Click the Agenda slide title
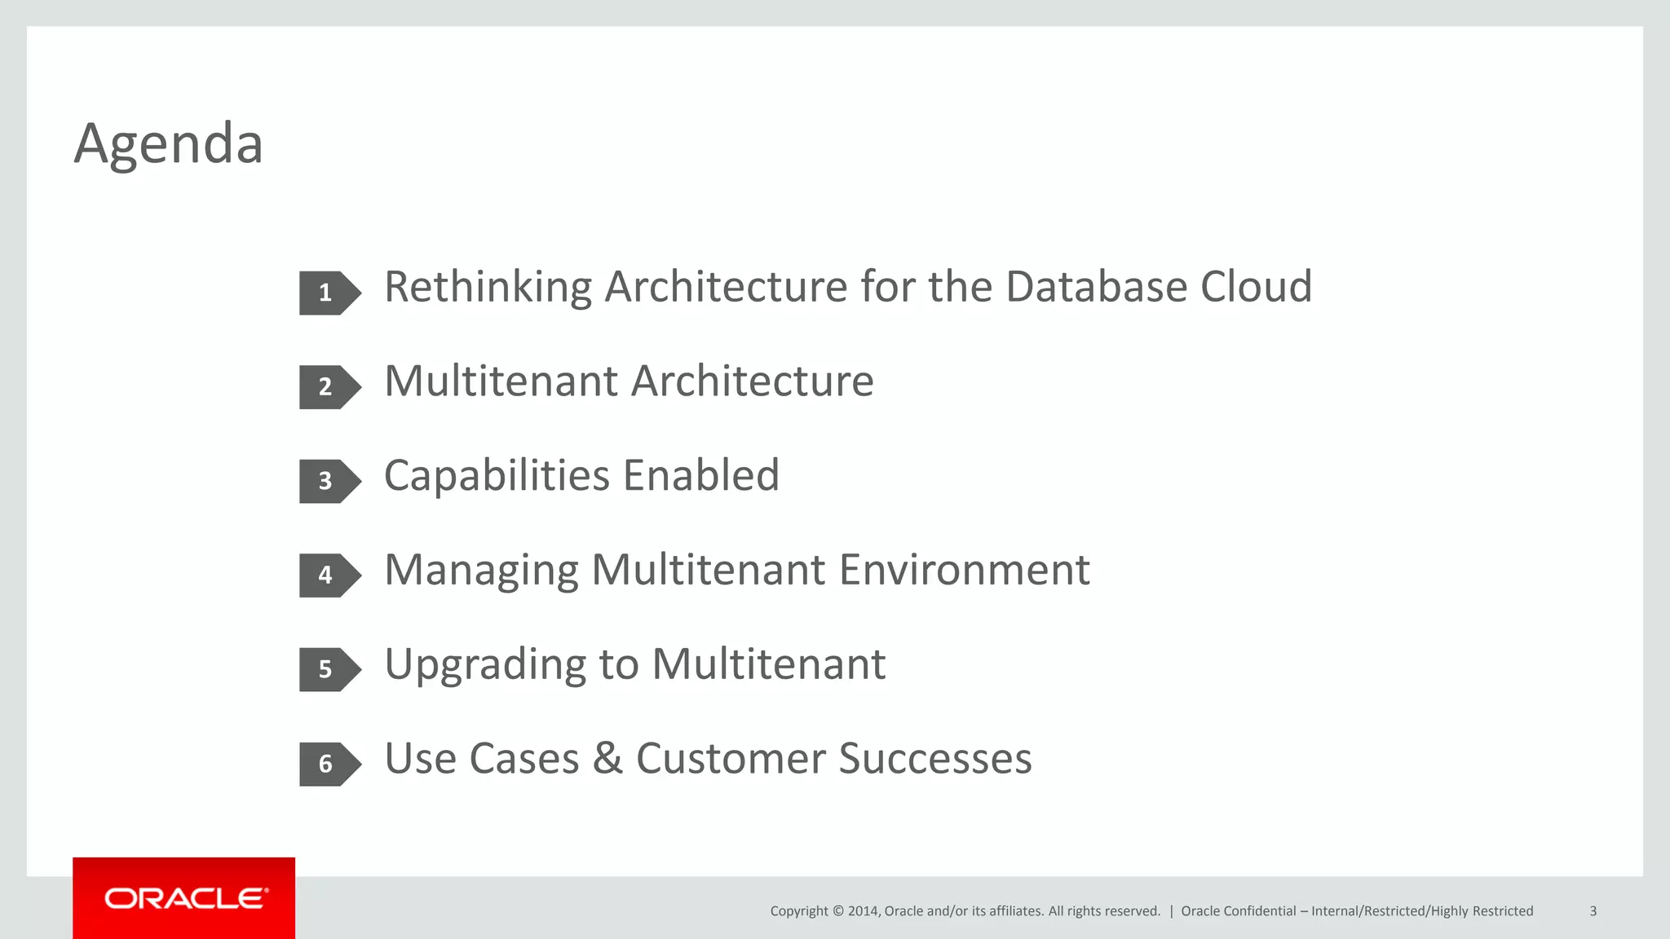coord(169,143)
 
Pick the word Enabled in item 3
coord(701,476)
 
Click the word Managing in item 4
coord(481,571)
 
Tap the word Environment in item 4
coord(964,571)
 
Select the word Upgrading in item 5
coord(485,665)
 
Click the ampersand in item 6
coord(607,759)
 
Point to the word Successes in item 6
coord(935,759)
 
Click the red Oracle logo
coord(184,898)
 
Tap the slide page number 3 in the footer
coord(1593,911)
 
